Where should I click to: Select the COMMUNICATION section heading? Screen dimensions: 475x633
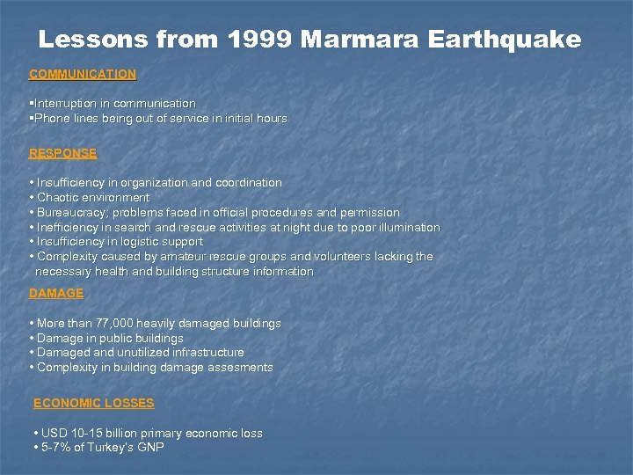click(x=83, y=75)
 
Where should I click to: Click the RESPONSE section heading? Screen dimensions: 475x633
click(x=62, y=153)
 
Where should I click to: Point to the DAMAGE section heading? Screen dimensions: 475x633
click(x=56, y=293)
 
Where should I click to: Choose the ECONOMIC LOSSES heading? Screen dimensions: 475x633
click(x=93, y=403)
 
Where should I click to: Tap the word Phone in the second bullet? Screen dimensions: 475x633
click(x=51, y=118)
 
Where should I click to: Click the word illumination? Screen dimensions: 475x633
click(x=408, y=228)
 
